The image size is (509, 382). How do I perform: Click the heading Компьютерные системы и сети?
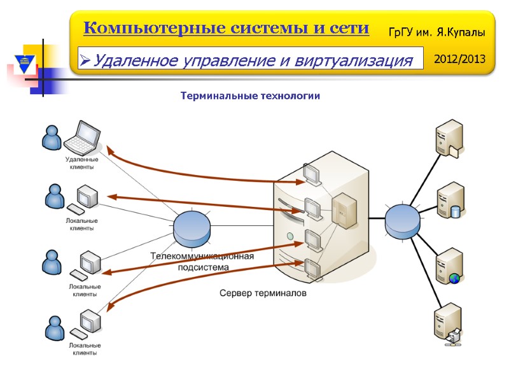226,29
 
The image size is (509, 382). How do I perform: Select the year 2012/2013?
459,59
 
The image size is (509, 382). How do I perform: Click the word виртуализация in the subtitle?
343,61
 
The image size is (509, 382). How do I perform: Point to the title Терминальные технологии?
250,96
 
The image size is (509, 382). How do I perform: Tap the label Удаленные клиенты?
81,163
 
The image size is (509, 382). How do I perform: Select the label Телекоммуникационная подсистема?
202,262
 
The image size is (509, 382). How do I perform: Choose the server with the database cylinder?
450,201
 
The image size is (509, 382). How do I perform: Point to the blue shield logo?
24,64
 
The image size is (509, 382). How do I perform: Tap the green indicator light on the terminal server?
291,236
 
